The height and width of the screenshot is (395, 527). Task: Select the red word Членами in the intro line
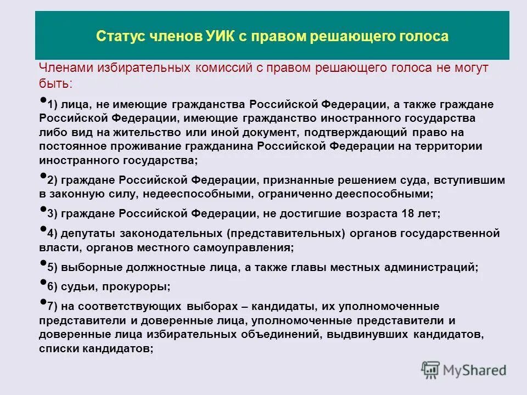coord(65,68)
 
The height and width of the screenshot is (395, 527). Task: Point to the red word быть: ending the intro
coord(55,83)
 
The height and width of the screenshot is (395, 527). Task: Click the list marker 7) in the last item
coord(52,306)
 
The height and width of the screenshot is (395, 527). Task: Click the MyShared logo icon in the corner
coord(430,369)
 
